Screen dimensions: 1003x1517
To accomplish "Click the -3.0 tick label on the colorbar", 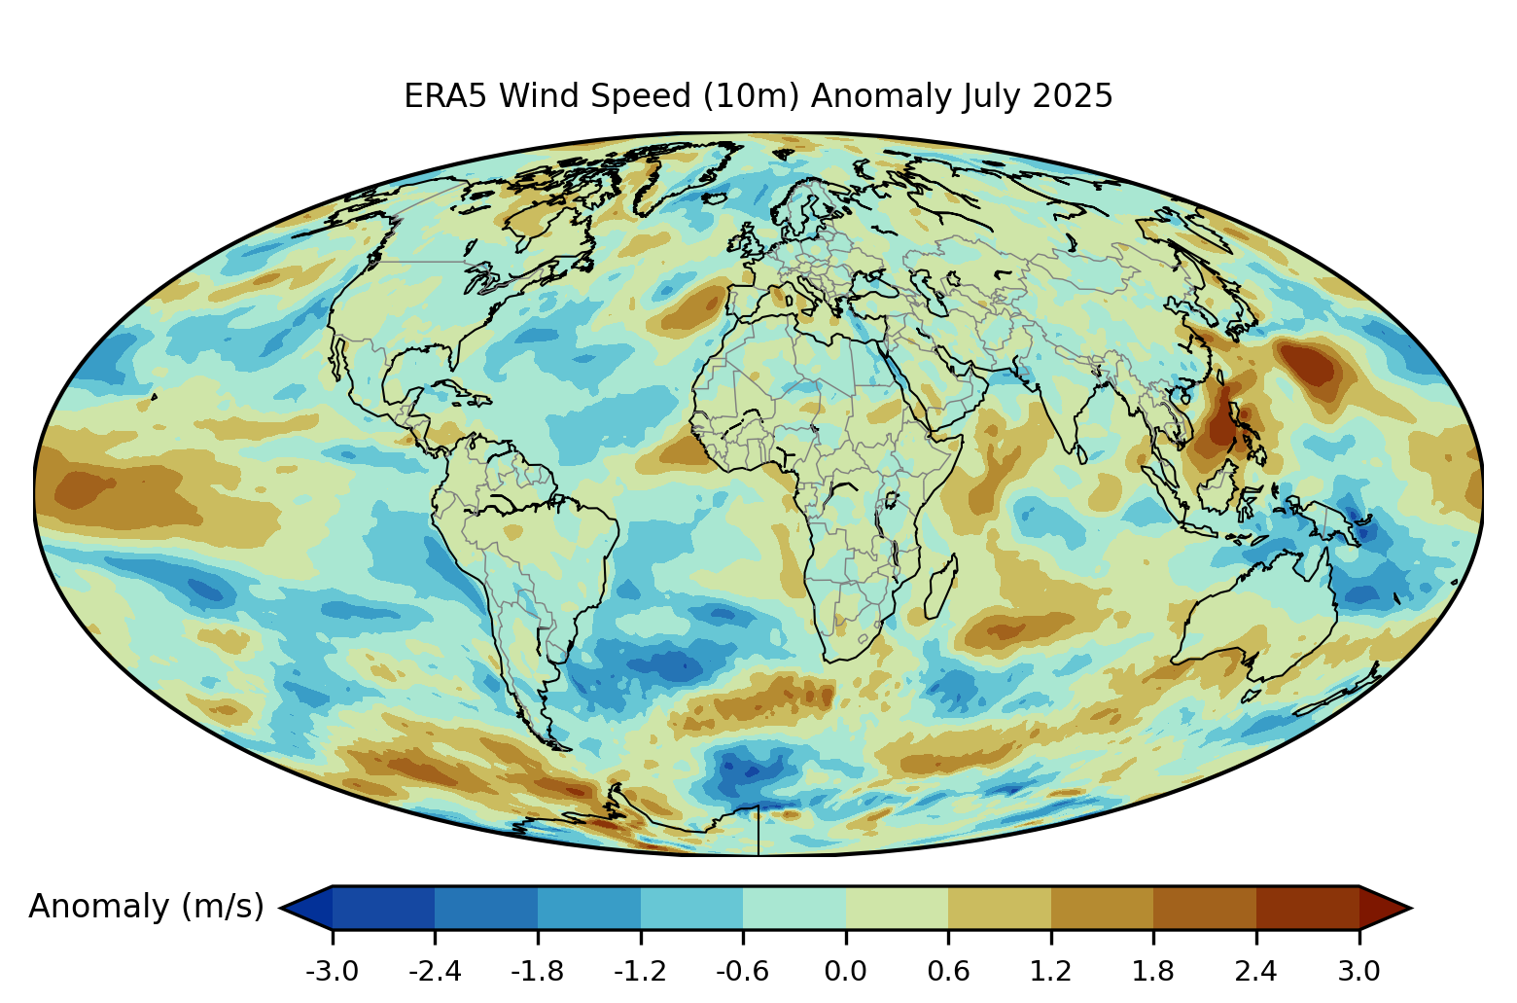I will (333, 971).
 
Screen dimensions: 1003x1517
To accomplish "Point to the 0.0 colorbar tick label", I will (845, 971).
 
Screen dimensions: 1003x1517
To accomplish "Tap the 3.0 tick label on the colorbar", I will (1358, 971).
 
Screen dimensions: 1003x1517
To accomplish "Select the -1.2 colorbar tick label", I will (640, 971).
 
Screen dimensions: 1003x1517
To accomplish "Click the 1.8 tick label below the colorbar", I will (1153, 971).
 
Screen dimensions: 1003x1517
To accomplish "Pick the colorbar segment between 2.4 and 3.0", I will (1307, 907).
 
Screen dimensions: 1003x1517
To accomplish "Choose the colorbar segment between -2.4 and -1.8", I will (486, 907).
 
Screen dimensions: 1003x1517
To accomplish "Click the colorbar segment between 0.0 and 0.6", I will (897, 907).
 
